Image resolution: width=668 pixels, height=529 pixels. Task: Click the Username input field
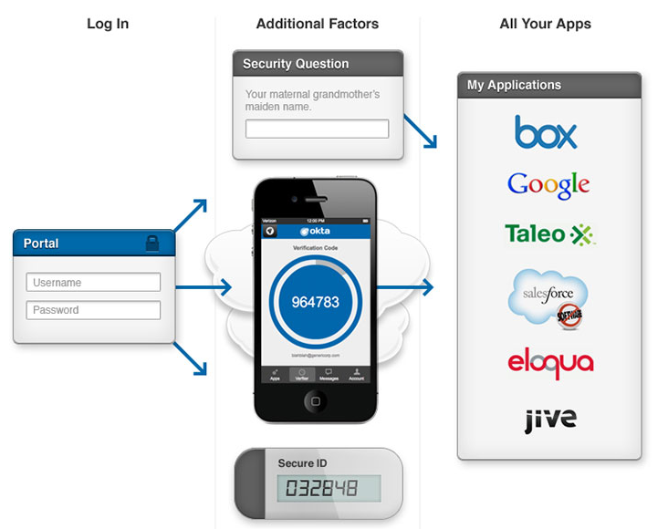[93, 283]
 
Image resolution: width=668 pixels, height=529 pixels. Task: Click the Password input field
[93, 310]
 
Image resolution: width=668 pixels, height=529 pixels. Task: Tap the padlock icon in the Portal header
[152, 243]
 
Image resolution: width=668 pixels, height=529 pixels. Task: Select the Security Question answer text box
[317, 129]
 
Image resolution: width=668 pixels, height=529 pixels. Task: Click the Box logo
[546, 132]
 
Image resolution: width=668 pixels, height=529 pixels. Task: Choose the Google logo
[548, 185]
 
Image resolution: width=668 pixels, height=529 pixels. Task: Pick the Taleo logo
[549, 234]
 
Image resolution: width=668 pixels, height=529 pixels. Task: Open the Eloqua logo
[550, 362]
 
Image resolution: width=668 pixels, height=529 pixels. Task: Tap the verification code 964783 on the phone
[315, 301]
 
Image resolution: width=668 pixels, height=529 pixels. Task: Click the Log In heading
[108, 24]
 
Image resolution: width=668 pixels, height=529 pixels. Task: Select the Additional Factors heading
[318, 24]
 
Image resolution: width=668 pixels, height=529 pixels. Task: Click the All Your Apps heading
[546, 24]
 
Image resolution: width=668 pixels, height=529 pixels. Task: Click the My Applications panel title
[514, 85]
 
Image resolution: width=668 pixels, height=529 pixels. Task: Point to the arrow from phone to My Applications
[405, 289]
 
